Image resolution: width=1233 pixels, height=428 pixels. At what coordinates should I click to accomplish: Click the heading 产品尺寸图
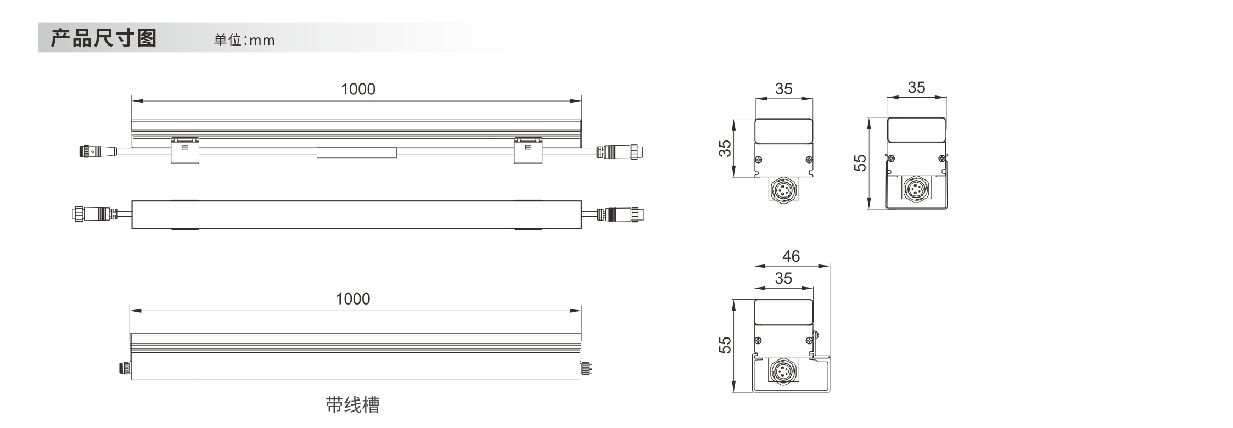click(104, 38)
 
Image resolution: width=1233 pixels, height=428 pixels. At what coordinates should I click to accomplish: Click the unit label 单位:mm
click(244, 40)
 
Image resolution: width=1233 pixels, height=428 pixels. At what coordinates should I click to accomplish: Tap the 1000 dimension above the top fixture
click(358, 89)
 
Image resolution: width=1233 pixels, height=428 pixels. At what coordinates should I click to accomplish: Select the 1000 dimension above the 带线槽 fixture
click(352, 299)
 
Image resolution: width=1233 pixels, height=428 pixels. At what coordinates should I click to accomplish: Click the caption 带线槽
click(352, 405)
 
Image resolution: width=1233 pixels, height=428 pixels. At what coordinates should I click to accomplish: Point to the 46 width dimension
click(791, 256)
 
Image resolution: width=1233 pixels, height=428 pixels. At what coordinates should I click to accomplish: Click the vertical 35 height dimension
click(725, 148)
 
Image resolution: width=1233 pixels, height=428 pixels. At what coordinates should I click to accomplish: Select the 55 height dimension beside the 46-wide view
click(725, 345)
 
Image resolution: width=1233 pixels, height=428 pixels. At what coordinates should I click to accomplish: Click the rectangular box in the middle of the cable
click(357, 153)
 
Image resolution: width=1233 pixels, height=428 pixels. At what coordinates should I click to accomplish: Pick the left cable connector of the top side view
click(98, 151)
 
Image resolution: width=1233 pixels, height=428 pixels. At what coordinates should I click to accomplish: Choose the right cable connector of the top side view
click(620, 151)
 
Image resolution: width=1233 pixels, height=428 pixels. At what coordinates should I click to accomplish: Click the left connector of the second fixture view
click(94, 213)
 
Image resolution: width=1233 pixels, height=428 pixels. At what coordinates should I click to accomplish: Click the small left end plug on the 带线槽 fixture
click(125, 368)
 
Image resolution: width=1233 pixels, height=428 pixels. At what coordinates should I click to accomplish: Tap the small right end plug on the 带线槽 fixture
click(587, 368)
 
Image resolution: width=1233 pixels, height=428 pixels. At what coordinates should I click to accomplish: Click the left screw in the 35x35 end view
click(759, 160)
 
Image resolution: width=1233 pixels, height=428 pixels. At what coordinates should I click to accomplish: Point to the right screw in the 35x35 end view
click(809, 160)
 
